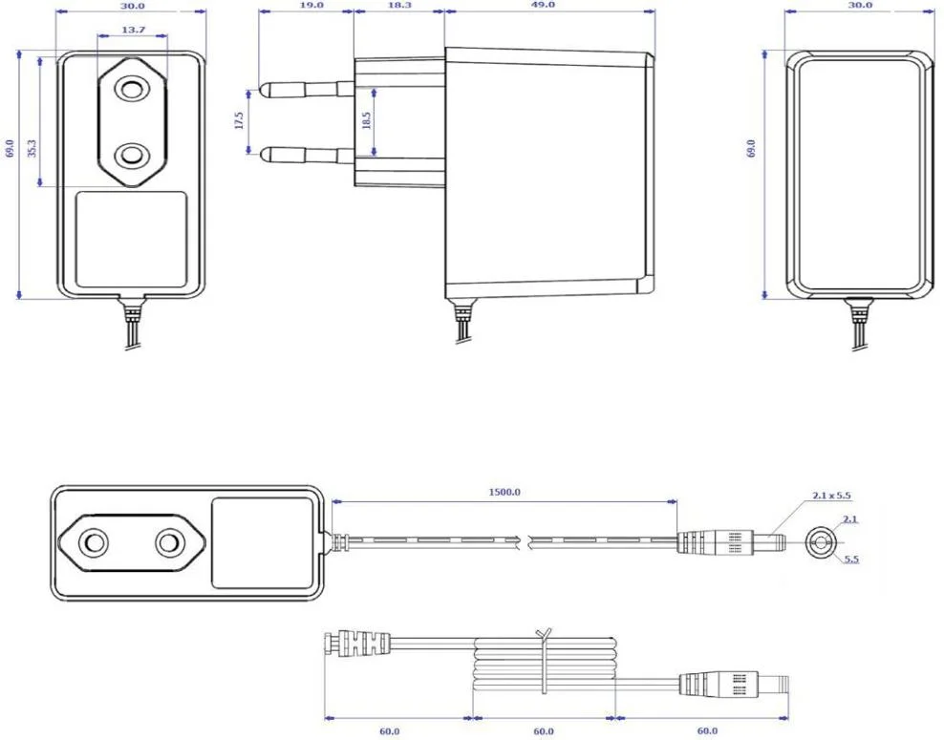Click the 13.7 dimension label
pyautogui.click(x=133, y=31)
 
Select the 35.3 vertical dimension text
pyautogui.click(x=32, y=149)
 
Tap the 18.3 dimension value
pyautogui.click(x=399, y=5)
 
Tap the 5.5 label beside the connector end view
pyautogui.click(x=851, y=560)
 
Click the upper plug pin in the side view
pyautogui.click(x=306, y=89)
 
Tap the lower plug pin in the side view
pyautogui.click(x=306, y=152)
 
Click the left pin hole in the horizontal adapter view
pyautogui.click(x=95, y=542)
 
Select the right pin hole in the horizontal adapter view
pyautogui.click(x=168, y=542)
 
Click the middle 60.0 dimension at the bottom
pyautogui.click(x=544, y=730)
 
